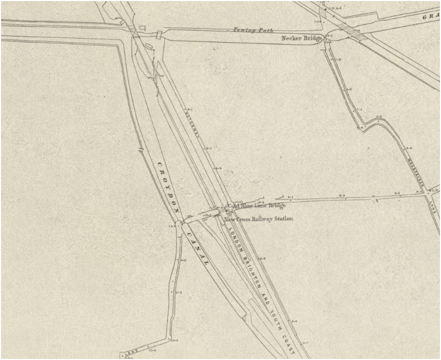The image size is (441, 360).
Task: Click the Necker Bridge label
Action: (302, 39)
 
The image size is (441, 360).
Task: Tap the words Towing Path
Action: (251, 30)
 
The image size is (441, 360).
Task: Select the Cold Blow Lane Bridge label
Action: (257, 206)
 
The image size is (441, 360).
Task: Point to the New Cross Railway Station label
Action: (258, 219)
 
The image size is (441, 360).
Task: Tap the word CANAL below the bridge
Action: (197, 248)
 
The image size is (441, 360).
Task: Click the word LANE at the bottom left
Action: (130, 353)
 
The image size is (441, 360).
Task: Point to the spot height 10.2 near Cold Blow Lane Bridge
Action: (208, 215)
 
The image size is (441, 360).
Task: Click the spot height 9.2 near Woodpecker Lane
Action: (397, 193)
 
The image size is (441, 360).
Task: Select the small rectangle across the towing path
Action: (159, 34)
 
